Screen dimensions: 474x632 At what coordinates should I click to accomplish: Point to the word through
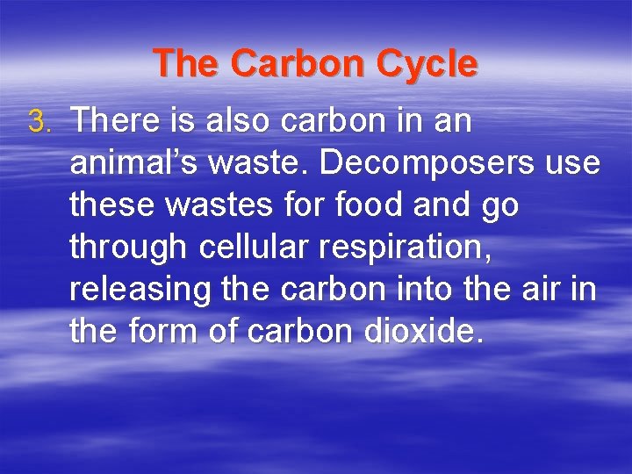[128, 248]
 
